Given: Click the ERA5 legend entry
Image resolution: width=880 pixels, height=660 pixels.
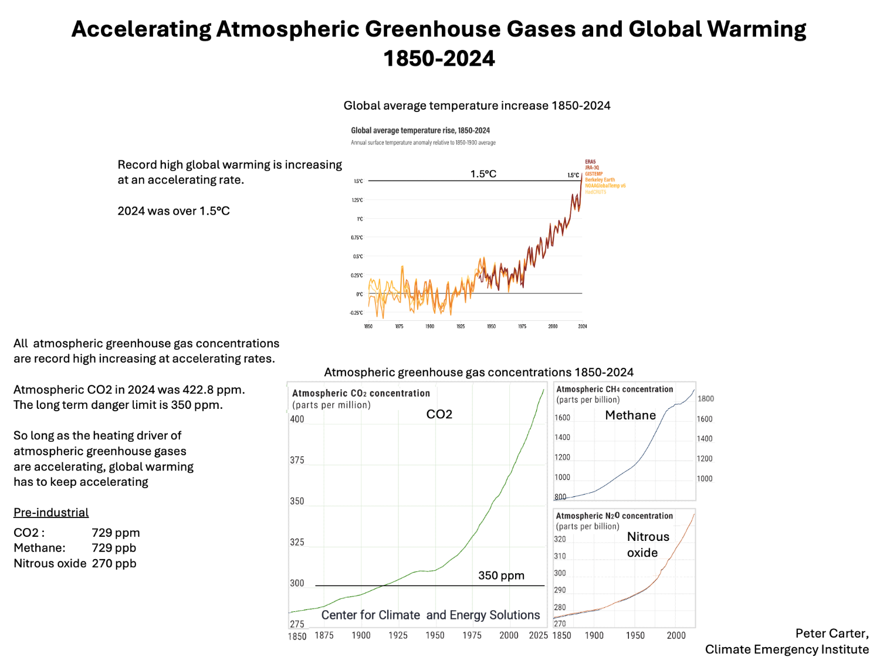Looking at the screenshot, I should click(590, 162).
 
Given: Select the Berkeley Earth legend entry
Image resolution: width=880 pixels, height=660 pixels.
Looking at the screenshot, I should click(600, 180).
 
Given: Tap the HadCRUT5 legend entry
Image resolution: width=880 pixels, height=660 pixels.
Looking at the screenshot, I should click(595, 192).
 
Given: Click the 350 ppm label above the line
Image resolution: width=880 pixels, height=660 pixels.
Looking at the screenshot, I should click(501, 576).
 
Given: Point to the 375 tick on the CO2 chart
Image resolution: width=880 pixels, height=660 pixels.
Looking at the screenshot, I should click(297, 461).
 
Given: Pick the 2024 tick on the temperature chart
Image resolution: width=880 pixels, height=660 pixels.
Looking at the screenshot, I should click(583, 326).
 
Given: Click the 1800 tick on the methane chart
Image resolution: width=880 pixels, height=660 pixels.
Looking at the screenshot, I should click(706, 399).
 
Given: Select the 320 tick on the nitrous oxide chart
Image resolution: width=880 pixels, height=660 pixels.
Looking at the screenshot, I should click(560, 539).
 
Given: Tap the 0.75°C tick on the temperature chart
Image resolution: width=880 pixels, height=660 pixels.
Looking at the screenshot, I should click(357, 238).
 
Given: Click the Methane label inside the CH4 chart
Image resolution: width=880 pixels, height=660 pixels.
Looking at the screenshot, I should click(630, 415).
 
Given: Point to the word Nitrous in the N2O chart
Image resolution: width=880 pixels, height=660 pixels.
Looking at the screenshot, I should click(648, 537).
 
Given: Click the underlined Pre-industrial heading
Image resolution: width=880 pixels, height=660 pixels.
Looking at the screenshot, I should click(51, 513).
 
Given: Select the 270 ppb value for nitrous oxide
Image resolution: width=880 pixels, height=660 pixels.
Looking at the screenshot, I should click(114, 563).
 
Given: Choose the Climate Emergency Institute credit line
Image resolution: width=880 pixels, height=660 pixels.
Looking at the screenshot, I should click(786, 649).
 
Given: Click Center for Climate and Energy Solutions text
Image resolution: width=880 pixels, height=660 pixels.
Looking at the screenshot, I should click(430, 615).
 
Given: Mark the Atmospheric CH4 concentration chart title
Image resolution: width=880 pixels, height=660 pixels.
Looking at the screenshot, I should click(614, 389).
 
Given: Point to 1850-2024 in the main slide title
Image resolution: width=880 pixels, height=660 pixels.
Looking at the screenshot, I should click(439, 59).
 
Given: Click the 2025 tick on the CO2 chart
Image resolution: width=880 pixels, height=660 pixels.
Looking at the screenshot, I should click(538, 635).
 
